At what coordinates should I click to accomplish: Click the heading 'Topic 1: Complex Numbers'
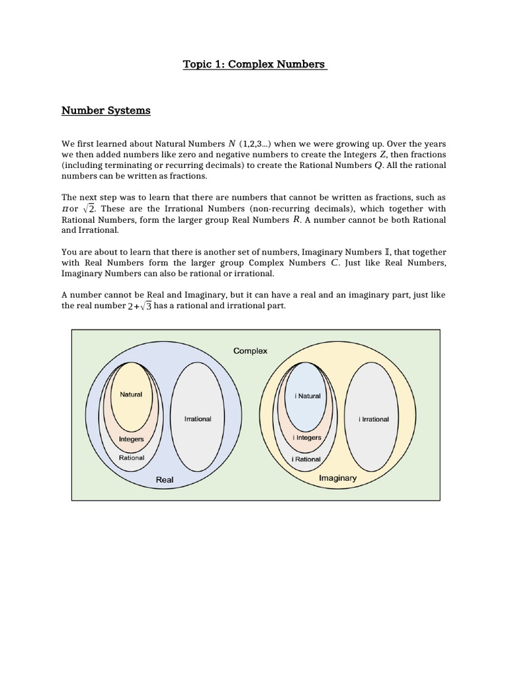point(254,64)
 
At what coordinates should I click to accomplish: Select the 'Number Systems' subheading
point(106,110)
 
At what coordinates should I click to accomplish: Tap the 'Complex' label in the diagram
point(250,351)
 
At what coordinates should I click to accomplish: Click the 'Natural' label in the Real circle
point(131,395)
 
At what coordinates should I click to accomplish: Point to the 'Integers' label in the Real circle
point(131,439)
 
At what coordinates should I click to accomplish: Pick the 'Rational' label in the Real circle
point(131,458)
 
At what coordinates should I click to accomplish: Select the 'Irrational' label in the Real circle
point(197,419)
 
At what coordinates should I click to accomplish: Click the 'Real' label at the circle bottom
point(164,479)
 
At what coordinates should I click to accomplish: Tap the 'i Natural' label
point(308,396)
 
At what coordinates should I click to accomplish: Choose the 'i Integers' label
point(307,438)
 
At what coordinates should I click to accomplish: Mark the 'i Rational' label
point(307,459)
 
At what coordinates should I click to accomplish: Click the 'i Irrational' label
point(374,419)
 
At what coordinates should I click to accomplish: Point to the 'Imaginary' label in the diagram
point(337,478)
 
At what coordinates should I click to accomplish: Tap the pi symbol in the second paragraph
point(65,209)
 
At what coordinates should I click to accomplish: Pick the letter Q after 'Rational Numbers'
point(378,166)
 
